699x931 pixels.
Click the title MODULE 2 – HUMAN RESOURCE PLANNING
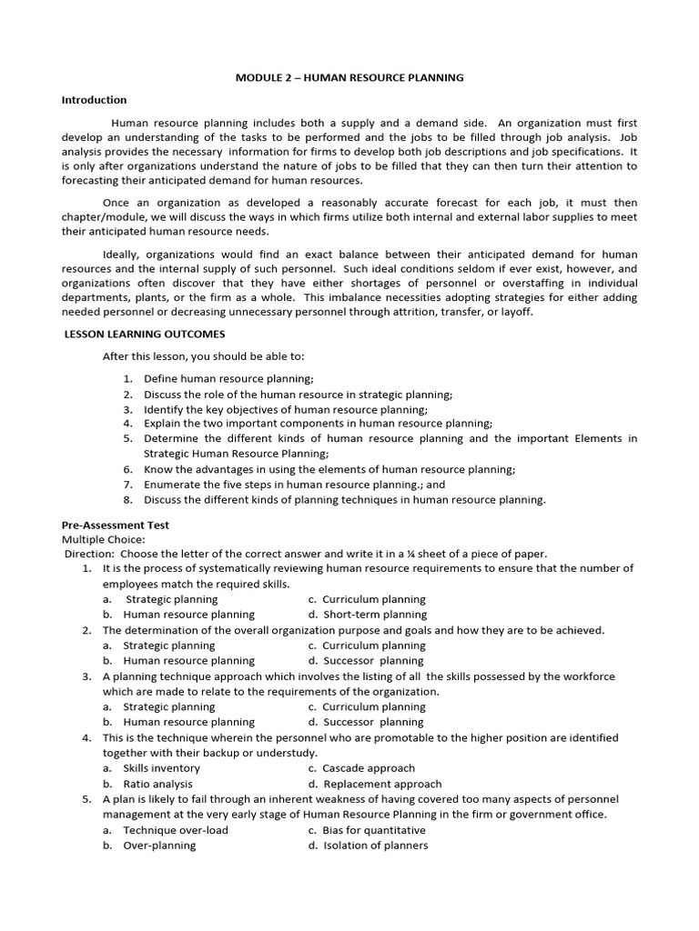point(349,77)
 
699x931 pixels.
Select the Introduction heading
point(94,100)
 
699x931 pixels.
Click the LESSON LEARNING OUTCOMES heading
point(144,335)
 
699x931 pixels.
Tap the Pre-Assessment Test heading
point(115,526)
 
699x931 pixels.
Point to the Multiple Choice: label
point(96,539)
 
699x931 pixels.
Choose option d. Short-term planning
point(367,615)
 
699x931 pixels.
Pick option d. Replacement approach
point(374,784)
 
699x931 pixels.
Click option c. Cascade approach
point(361,768)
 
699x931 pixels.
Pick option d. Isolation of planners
point(368,846)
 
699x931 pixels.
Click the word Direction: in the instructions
point(89,554)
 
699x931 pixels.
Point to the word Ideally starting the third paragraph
point(122,255)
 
